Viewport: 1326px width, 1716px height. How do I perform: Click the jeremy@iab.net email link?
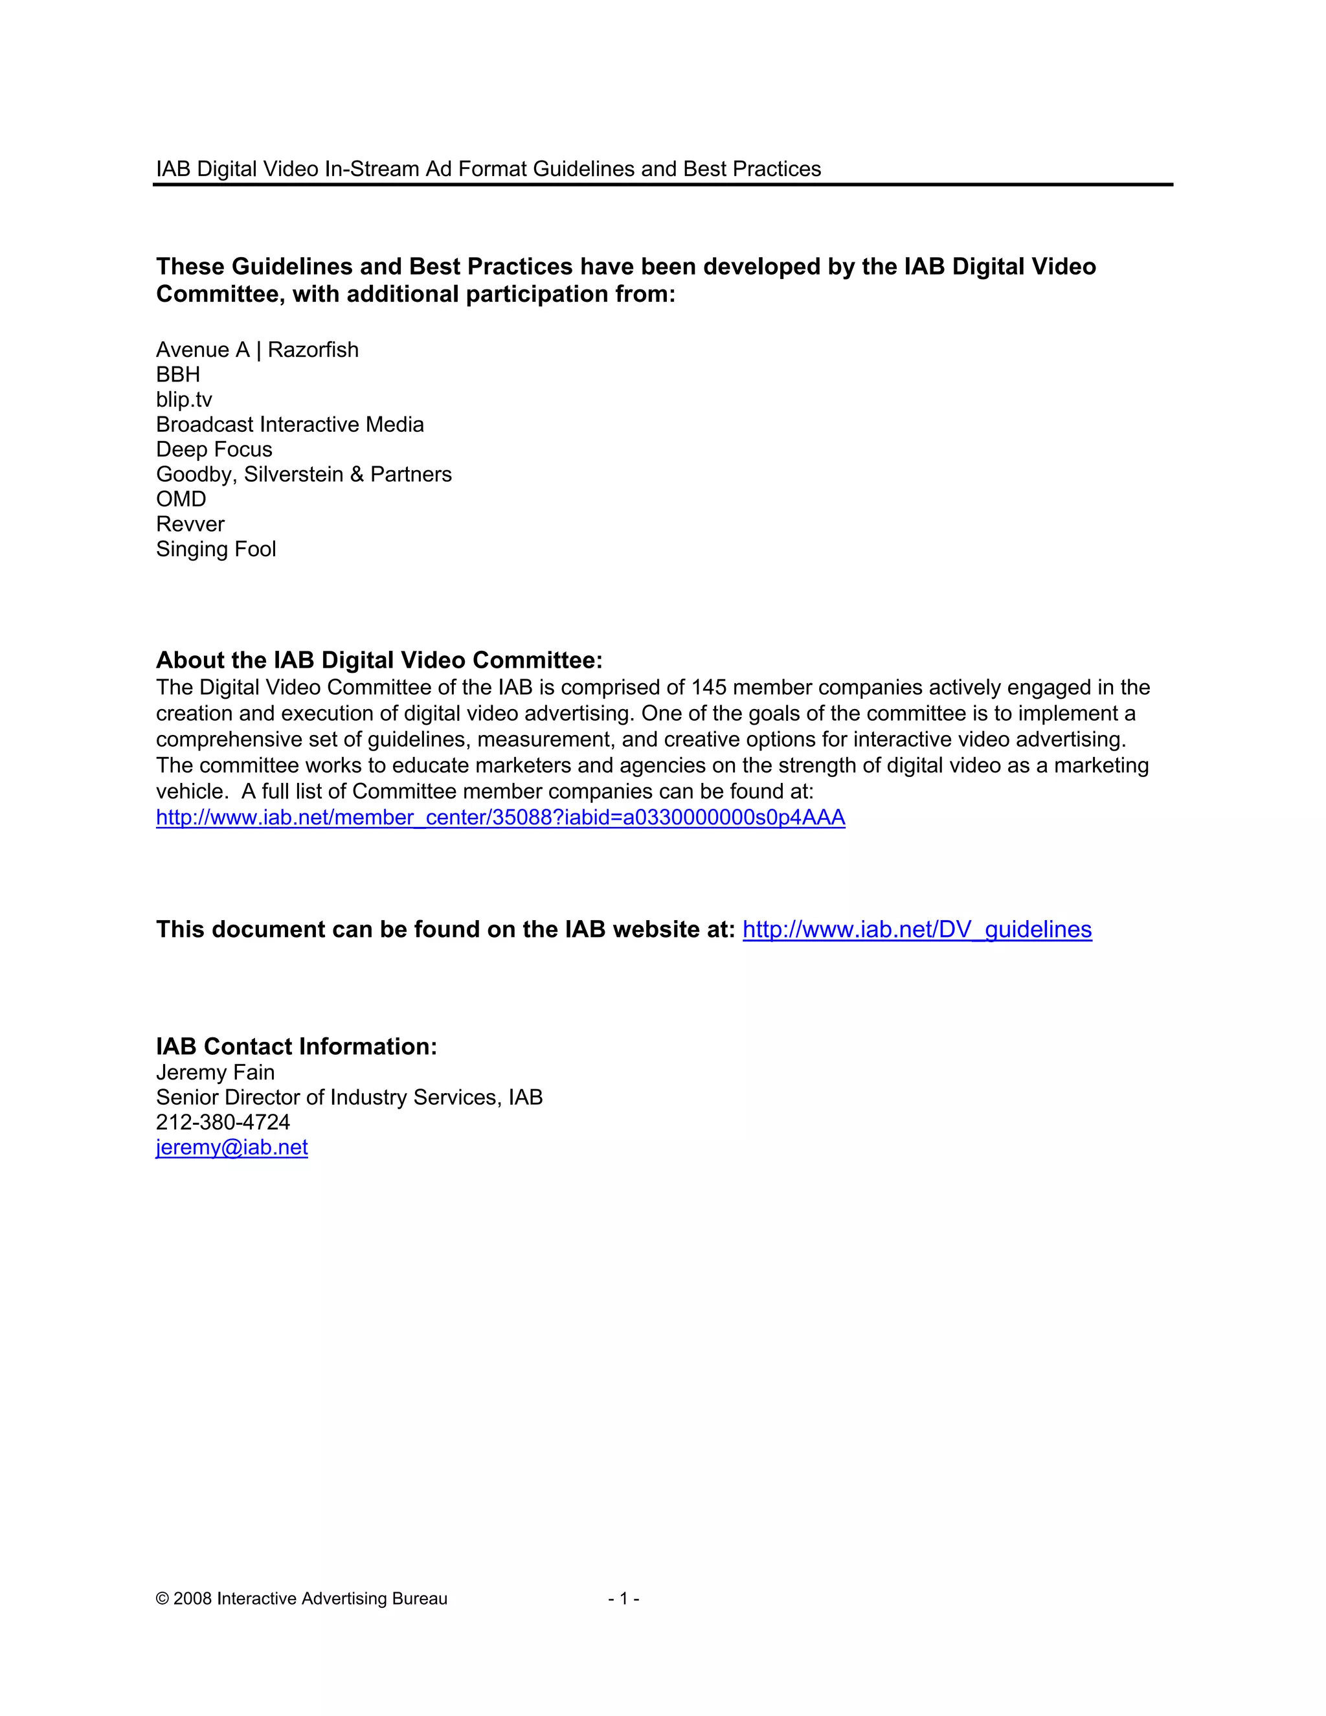click(232, 1147)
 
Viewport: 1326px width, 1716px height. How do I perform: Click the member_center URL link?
click(500, 817)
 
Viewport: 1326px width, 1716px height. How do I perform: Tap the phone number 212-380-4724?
click(223, 1122)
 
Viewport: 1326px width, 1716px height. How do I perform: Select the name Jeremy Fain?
click(215, 1072)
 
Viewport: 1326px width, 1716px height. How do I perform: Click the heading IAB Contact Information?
click(296, 1046)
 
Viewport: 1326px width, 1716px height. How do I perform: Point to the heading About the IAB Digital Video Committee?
click(379, 660)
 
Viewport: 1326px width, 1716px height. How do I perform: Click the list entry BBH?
click(178, 374)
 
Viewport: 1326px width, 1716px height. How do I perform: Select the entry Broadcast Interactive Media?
click(290, 424)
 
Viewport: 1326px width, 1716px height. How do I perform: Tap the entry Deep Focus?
click(214, 449)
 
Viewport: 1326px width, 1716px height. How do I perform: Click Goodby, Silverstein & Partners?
click(304, 475)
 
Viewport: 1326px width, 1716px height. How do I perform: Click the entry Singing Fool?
click(216, 549)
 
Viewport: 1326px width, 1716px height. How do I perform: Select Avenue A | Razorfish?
click(257, 350)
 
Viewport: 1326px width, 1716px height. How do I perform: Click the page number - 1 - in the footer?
click(624, 1599)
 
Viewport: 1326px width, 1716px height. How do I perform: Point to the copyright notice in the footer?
click(302, 1599)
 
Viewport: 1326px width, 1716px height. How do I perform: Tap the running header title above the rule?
click(488, 169)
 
